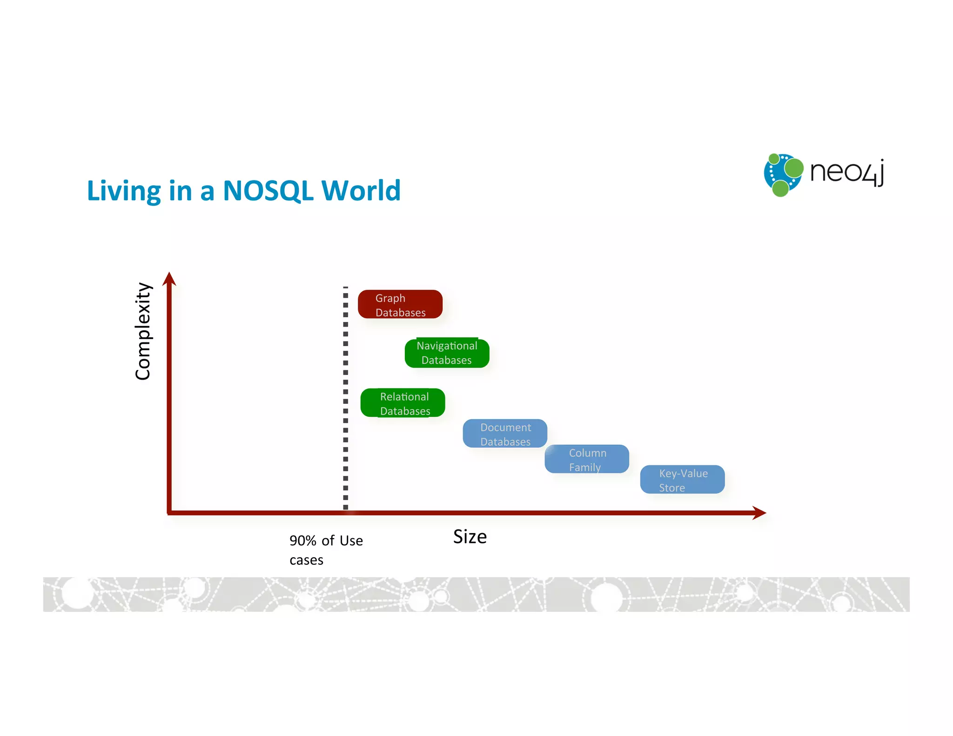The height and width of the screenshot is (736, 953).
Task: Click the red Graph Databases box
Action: tap(400, 304)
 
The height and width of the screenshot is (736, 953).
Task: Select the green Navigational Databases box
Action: tap(447, 353)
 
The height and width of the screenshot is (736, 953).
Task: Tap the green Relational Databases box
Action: tap(403, 403)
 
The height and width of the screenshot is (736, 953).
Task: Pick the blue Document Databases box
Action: tap(505, 434)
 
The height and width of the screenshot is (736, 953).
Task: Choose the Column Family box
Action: tap(586, 459)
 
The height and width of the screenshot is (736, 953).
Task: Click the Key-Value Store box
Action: tap(682, 480)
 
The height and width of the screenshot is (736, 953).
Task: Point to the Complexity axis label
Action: tap(143, 331)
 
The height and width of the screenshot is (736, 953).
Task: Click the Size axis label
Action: tap(470, 537)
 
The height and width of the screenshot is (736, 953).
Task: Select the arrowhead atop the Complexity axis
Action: tap(169, 279)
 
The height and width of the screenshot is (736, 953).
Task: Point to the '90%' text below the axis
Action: tap(302, 541)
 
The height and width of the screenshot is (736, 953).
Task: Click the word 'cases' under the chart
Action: tap(306, 560)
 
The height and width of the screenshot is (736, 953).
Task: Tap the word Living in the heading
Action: tap(124, 191)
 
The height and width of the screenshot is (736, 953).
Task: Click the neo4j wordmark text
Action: tap(847, 172)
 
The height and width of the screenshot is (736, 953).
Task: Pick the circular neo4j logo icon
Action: tap(783, 174)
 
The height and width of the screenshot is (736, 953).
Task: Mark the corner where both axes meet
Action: tap(169, 513)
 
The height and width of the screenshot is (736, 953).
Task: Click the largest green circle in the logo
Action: tap(794, 168)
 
